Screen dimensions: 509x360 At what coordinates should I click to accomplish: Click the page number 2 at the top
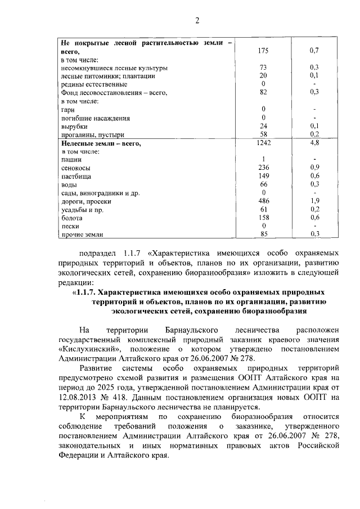[197, 21]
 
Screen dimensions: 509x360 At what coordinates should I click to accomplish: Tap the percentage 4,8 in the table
[314, 143]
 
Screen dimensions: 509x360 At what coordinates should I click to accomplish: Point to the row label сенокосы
[76, 168]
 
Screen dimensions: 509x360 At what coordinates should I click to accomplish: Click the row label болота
[72, 217]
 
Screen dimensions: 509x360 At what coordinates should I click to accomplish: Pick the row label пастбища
[76, 176]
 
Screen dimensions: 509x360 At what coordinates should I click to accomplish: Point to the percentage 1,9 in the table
[314, 201]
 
